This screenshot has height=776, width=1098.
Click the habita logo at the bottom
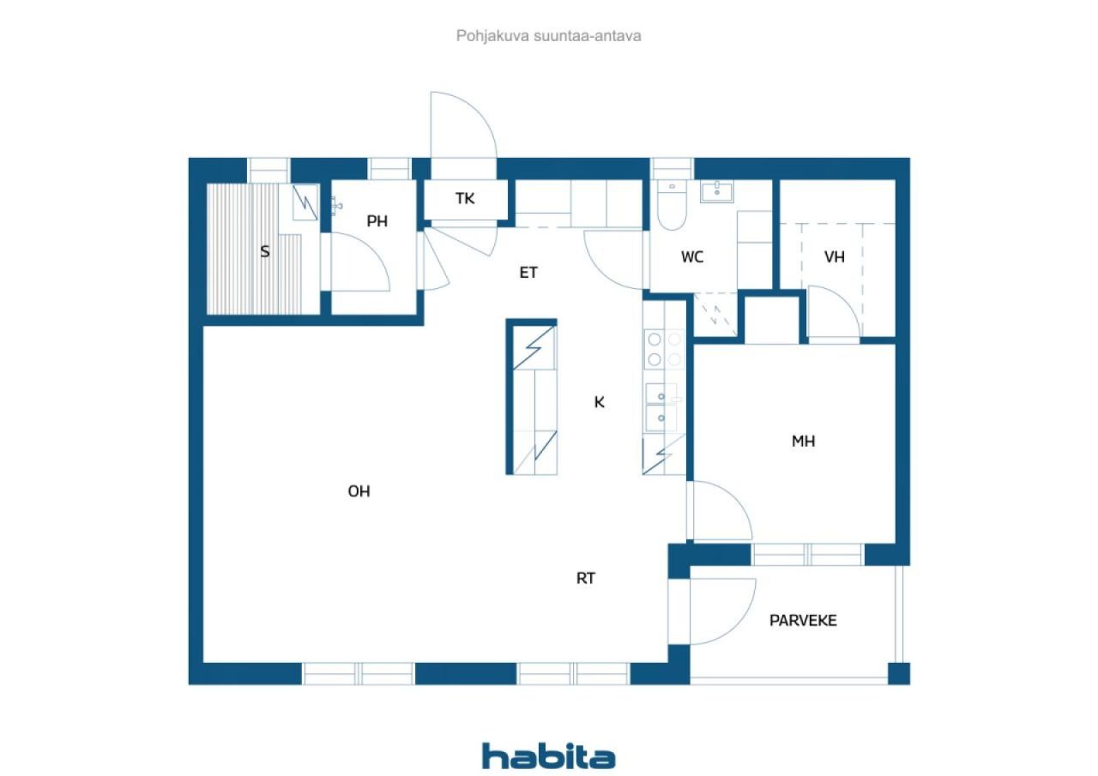[x=548, y=755]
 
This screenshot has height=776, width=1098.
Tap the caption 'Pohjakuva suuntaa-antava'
[x=549, y=36]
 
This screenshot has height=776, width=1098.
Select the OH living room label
[x=359, y=491]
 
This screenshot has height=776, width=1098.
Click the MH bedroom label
[x=803, y=442]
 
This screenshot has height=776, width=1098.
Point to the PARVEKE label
[x=803, y=620]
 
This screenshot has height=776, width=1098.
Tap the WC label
[x=692, y=256]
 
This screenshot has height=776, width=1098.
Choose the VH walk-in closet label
[x=835, y=256]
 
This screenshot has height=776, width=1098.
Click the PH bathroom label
[x=377, y=221]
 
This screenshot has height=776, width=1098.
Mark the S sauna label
[x=265, y=252]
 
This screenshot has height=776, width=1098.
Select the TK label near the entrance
[x=464, y=199]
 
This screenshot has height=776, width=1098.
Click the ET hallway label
[x=528, y=273]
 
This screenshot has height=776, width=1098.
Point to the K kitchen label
[x=600, y=401]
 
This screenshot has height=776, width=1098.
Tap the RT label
[x=585, y=578]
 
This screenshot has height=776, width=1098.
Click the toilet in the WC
[x=672, y=207]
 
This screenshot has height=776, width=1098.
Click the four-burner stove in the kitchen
[x=664, y=350]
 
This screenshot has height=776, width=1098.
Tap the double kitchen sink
[x=664, y=406]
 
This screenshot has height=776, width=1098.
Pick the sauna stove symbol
[x=305, y=202]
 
